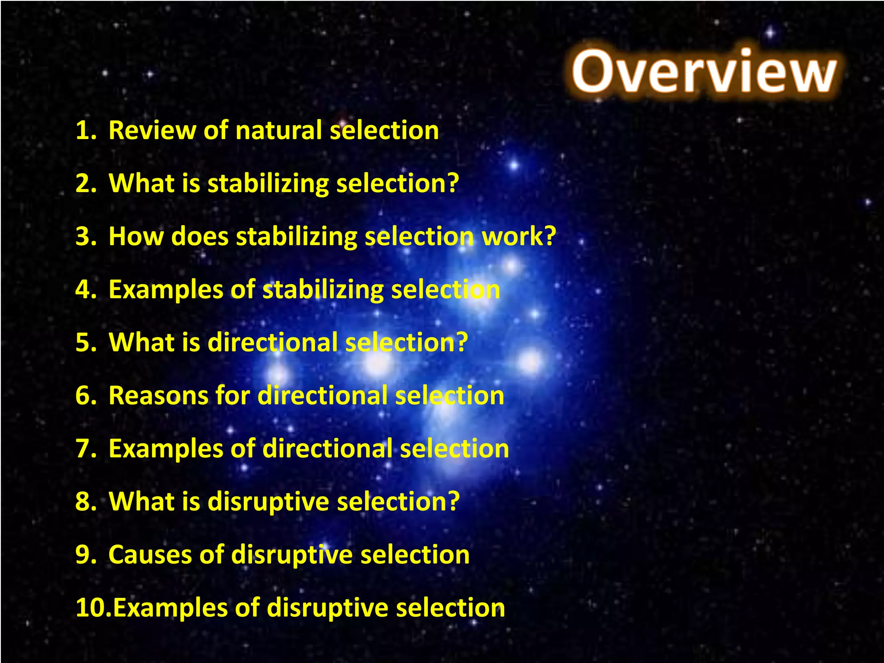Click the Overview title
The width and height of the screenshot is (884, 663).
pos(704,72)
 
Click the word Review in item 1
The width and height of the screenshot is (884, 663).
pos(152,130)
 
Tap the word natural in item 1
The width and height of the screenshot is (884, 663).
pos(278,130)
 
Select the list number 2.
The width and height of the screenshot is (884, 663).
pos(85,183)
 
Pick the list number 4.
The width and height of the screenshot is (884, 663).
pos(85,290)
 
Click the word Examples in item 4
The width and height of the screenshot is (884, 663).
pos(166,290)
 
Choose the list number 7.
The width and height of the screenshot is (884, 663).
pos(85,448)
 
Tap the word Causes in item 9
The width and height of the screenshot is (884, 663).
pos(150,555)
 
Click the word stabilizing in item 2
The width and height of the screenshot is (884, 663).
pos(268,183)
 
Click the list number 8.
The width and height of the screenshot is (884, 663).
pos(85,502)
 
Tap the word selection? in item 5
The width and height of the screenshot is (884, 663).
pos(407,343)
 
